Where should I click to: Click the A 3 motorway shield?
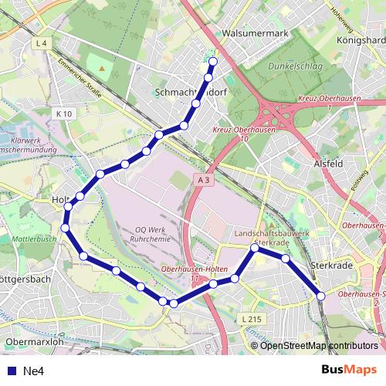203,180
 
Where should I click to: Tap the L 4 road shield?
42,44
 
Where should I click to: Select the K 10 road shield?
64,113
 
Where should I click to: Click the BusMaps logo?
349,370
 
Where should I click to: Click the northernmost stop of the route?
213,62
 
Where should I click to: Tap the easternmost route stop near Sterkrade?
321,294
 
